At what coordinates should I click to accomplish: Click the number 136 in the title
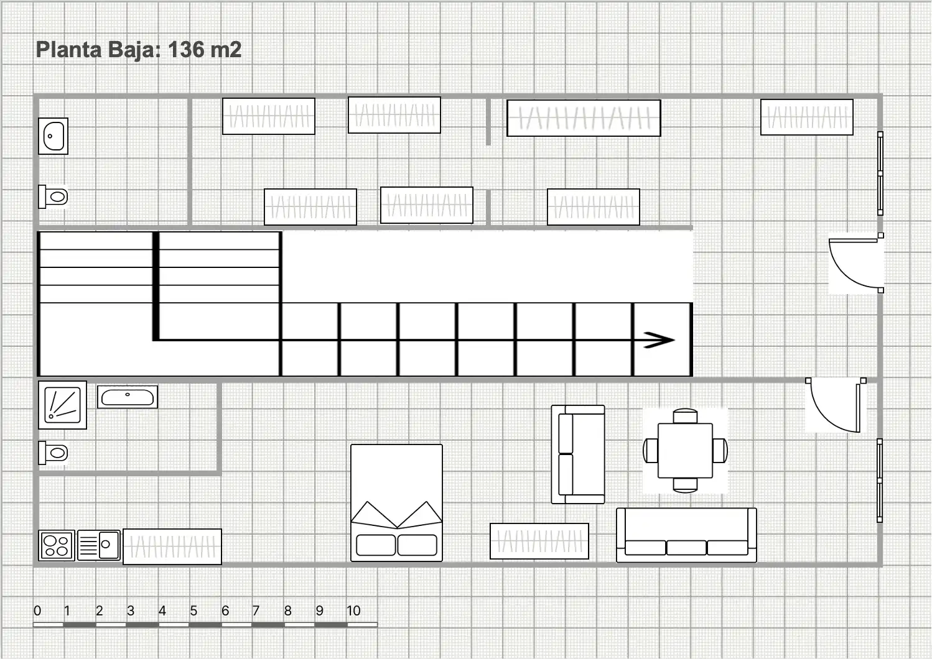[192, 50]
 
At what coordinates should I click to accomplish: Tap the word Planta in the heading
[68, 50]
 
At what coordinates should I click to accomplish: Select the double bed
[396, 503]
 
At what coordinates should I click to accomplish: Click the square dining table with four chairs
[685, 451]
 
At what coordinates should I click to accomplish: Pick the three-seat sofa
[686, 535]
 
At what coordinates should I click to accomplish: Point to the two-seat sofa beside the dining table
[578, 454]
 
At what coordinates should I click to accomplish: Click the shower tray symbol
[62, 405]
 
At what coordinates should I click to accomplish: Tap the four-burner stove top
[57, 545]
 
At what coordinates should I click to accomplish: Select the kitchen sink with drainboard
[99, 545]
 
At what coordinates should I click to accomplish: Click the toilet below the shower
[54, 453]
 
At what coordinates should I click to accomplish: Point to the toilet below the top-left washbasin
[54, 196]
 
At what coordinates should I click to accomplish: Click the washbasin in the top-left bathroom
[54, 136]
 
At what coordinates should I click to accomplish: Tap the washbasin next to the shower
[128, 397]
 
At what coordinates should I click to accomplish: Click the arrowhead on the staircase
[659, 340]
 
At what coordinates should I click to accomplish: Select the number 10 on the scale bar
[353, 611]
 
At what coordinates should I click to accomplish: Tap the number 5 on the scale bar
[193, 611]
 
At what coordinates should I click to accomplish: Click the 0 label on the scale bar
[37, 611]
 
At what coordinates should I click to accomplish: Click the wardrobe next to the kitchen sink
[172, 546]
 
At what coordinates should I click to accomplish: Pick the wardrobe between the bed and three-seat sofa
[539, 541]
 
